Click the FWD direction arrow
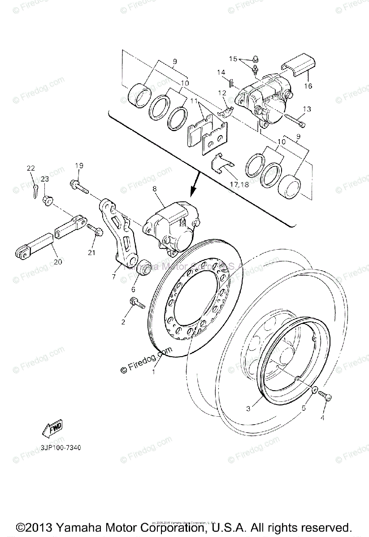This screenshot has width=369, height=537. [53, 428]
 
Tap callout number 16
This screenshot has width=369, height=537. [308, 86]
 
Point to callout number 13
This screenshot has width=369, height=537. [307, 109]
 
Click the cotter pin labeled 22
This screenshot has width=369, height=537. [35, 190]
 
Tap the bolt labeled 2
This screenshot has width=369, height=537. [136, 304]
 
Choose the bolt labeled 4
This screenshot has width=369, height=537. [325, 396]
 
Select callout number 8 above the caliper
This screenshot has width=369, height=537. [155, 189]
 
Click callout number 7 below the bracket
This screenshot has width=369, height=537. [114, 277]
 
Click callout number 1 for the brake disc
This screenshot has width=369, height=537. [154, 371]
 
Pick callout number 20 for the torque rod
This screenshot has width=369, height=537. [57, 262]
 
